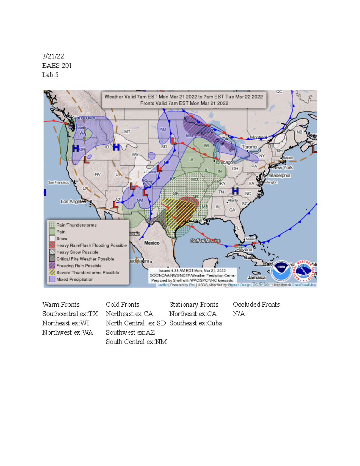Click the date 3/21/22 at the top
pyautogui.click(x=53, y=56)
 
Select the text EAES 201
pyautogui.click(x=57, y=65)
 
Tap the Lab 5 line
pyautogui.click(x=50, y=75)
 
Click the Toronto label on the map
pyautogui.click(x=249, y=147)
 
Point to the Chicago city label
pyautogui.click(x=224, y=162)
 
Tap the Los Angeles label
pyautogui.click(x=73, y=201)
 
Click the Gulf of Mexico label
pyautogui.click(x=205, y=241)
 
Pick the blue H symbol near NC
pyautogui.click(x=235, y=191)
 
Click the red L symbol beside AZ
pyautogui.click(x=115, y=205)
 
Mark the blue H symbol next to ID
pyautogui.click(x=116, y=147)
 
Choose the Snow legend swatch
pyautogui.click(x=52, y=238)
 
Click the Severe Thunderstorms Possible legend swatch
pyautogui.click(x=52, y=272)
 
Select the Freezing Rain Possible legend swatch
pyautogui.click(x=52, y=266)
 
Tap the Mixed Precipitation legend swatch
pyautogui.click(x=52, y=279)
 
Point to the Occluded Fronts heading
pyautogui.click(x=256, y=305)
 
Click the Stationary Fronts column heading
pyautogui.click(x=194, y=305)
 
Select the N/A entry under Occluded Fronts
pyautogui.click(x=239, y=314)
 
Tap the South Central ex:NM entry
pyautogui.click(x=136, y=342)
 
